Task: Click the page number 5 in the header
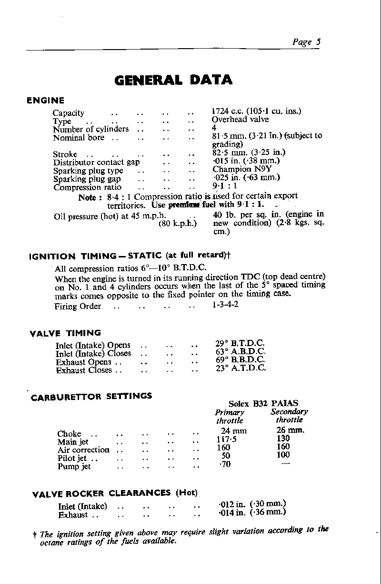pos(318,41)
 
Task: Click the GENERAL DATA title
pos(174,80)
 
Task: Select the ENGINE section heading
pos(45,101)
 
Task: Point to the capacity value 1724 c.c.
pos(226,112)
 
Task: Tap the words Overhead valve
pos(240,120)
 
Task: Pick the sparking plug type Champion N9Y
pos(239,169)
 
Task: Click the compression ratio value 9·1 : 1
pos(224,186)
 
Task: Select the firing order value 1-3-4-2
pos(225,304)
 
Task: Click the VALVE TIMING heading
pos(65,333)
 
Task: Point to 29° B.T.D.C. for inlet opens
pos(240,344)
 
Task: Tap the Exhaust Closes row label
pos(84,370)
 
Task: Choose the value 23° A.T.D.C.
pos(241,368)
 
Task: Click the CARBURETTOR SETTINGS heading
pos(91,397)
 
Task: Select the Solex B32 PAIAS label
pos(263,403)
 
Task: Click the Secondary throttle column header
pos(289,416)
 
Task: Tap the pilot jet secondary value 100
pos(283,455)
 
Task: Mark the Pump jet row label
pos(74,466)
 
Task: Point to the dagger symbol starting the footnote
pos(36,534)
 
